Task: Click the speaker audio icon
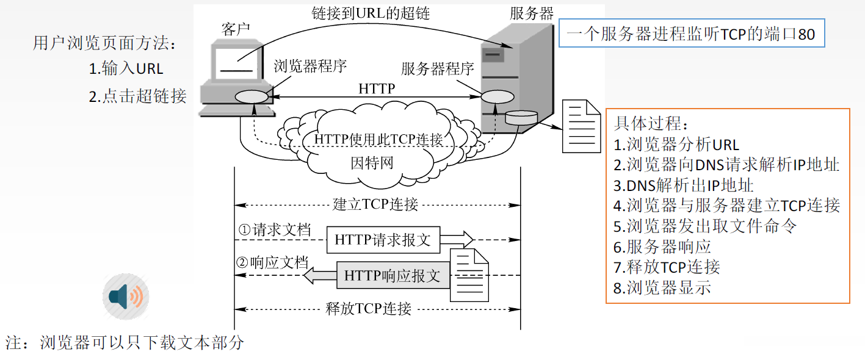[x=126, y=297]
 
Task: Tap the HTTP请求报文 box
[x=382, y=240]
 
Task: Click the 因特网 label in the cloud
[x=372, y=163]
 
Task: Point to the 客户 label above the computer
[x=236, y=29]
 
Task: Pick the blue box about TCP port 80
[x=691, y=34]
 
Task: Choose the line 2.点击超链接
[x=137, y=96]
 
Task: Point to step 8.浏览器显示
[x=662, y=287]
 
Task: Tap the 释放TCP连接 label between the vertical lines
[x=377, y=308]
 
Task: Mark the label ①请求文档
[x=274, y=231]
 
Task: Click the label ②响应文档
[x=272, y=263]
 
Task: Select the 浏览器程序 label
[x=310, y=67]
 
